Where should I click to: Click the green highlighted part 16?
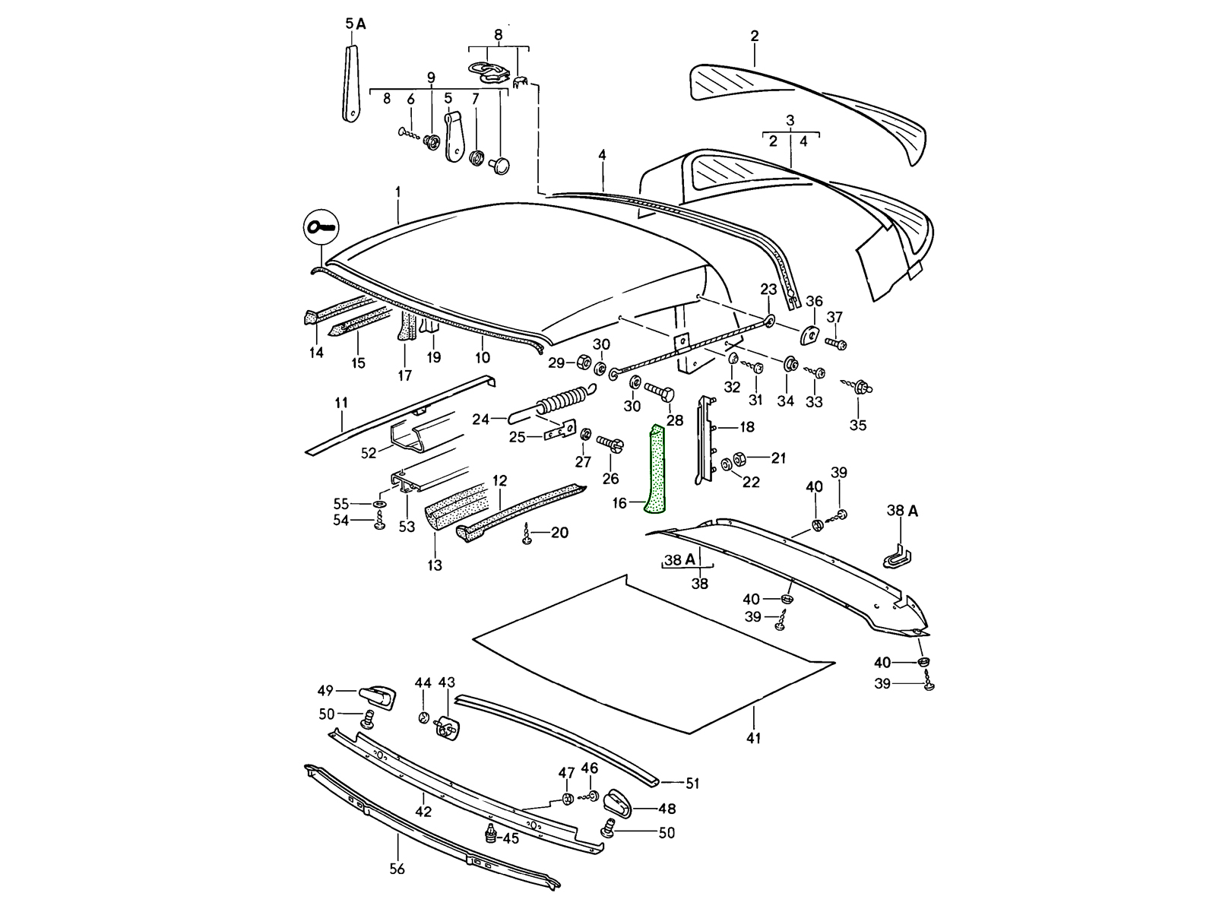pos(654,471)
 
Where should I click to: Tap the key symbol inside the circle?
pos(322,226)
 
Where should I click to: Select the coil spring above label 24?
pos(565,401)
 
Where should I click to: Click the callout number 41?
pos(754,737)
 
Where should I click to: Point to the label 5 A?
pos(356,24)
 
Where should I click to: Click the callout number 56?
pos(397,869)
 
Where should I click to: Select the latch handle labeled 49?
pos(377,695)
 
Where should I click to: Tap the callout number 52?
pos(369,453)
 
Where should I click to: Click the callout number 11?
pos(341,403)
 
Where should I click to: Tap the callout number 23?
pos(769,289)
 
